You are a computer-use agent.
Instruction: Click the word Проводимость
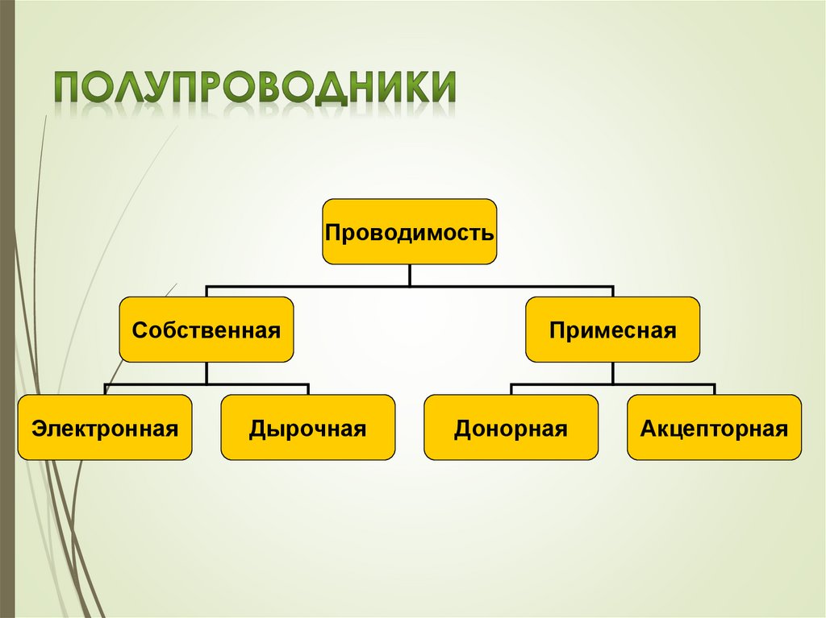(x=409, y=234)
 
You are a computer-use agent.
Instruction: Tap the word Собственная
(x=206, y=330)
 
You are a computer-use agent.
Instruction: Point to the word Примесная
(x=612, y=330)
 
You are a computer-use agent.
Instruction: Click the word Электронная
(x=105, y=429)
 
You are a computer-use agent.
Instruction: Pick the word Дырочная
(x=307, y=429)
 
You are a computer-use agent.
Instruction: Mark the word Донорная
(x=511, y=429)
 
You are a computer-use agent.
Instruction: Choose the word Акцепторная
(x=714, y=429)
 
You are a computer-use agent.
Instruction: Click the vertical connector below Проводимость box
(x=409, y=275)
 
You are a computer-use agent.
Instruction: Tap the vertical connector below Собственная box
(x=206, y=372)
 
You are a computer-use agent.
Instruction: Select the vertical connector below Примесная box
(x=612, y=372)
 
